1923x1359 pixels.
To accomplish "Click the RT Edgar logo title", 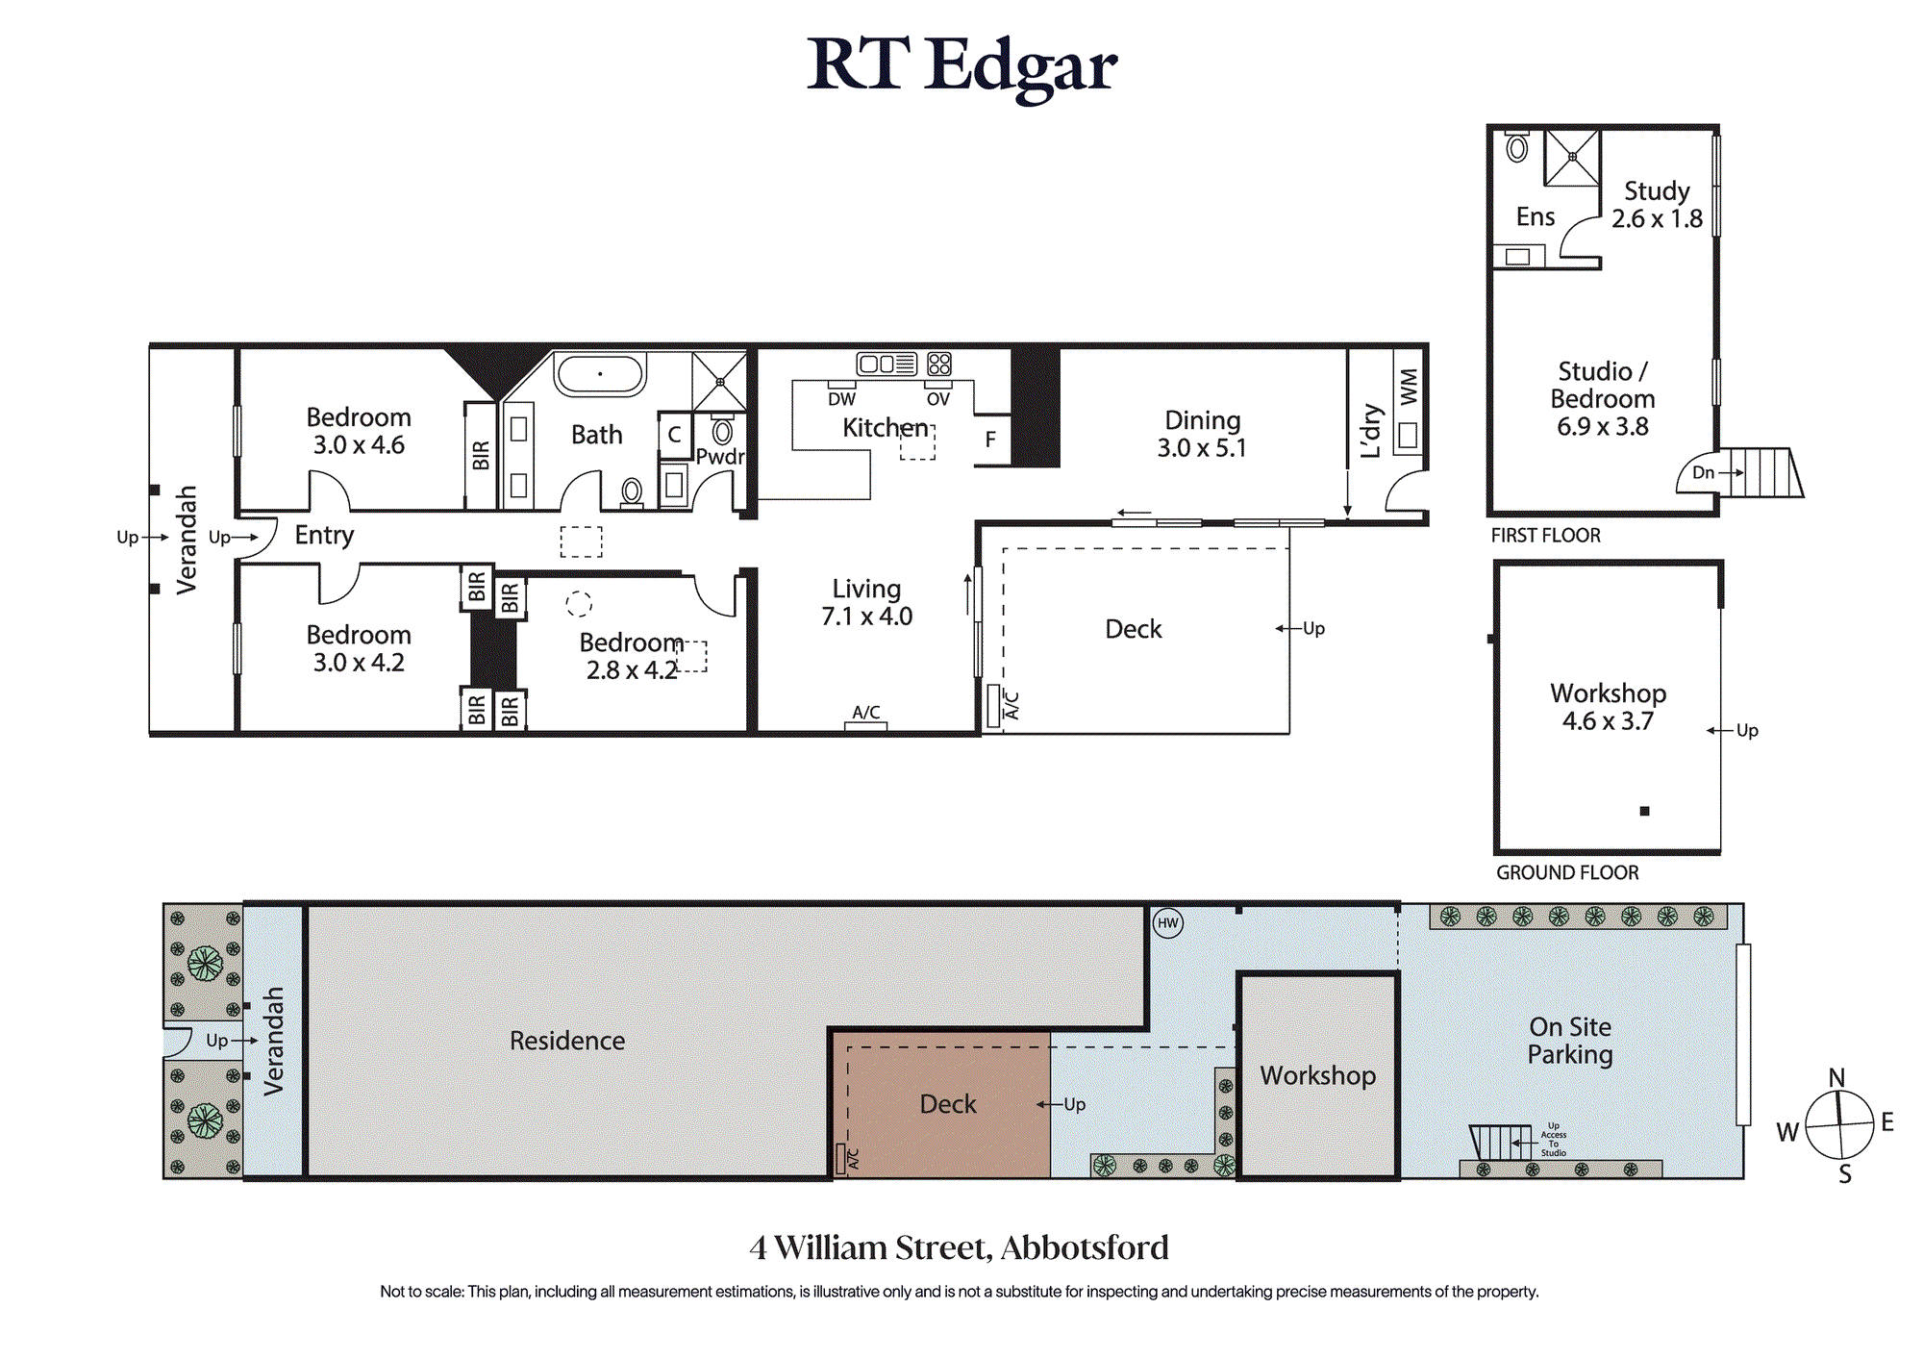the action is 961,65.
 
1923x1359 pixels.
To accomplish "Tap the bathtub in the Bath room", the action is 600,373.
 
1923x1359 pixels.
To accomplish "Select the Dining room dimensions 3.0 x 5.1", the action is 1202,448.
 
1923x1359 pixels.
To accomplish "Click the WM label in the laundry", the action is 1409,387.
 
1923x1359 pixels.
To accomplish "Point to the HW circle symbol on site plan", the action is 1168,923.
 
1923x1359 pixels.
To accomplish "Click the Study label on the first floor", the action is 1657,191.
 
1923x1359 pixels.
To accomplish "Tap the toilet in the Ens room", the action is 1517,147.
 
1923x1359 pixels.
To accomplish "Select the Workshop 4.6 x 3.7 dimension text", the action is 1608,721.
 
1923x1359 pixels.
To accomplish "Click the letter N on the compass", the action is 1836,1077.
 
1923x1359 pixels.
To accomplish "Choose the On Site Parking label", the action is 1570,1041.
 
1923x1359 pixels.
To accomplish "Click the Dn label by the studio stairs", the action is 1703,472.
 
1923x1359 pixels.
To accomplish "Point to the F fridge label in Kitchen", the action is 990,440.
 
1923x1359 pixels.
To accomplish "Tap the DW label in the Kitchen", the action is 841,399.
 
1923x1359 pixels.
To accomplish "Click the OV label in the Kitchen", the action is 937,399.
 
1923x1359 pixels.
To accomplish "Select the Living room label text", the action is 866,589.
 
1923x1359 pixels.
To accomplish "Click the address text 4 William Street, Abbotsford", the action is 960,1247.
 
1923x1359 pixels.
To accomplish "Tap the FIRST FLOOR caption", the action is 1546,536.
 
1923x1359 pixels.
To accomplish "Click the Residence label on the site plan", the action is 567,1041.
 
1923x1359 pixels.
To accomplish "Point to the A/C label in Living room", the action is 866,712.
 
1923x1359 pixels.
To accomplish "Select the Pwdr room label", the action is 720,456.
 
